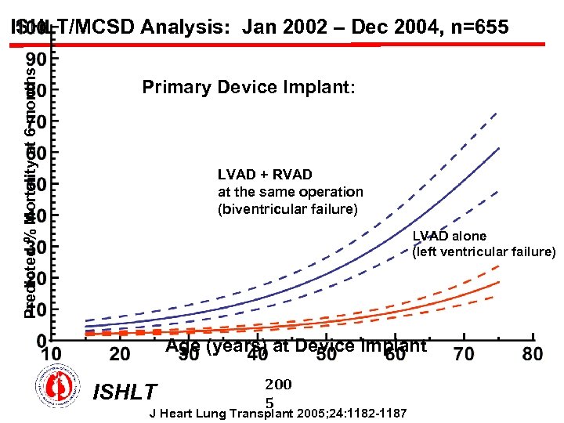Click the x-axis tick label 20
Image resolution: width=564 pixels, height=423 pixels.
pos(120,354)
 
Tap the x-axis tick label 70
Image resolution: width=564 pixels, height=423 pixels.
pos(464,354)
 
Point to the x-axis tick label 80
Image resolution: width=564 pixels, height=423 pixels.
pos(532,354)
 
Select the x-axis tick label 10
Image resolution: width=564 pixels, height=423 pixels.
pos(52,354)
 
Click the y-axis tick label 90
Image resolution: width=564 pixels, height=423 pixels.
pos(38,59)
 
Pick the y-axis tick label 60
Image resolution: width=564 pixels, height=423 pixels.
pos(38,152)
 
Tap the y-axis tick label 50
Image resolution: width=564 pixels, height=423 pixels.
pos(38,183)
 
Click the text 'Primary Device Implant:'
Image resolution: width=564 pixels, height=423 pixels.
pos(248,87)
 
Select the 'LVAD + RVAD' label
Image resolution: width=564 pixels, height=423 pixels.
pos(265,175)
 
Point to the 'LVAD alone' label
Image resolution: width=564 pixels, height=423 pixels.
pos(450,236)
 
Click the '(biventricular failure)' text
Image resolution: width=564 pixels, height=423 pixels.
pos(287,209)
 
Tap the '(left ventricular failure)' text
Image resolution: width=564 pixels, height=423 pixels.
pos(483,251)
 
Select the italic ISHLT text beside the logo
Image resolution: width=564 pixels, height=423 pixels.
pos(125,392)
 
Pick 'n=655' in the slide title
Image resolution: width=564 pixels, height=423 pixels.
pos(479,27)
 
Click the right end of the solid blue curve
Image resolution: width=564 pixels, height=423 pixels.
pos(498,147)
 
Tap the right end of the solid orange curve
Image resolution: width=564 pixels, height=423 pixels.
pos(498,282)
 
